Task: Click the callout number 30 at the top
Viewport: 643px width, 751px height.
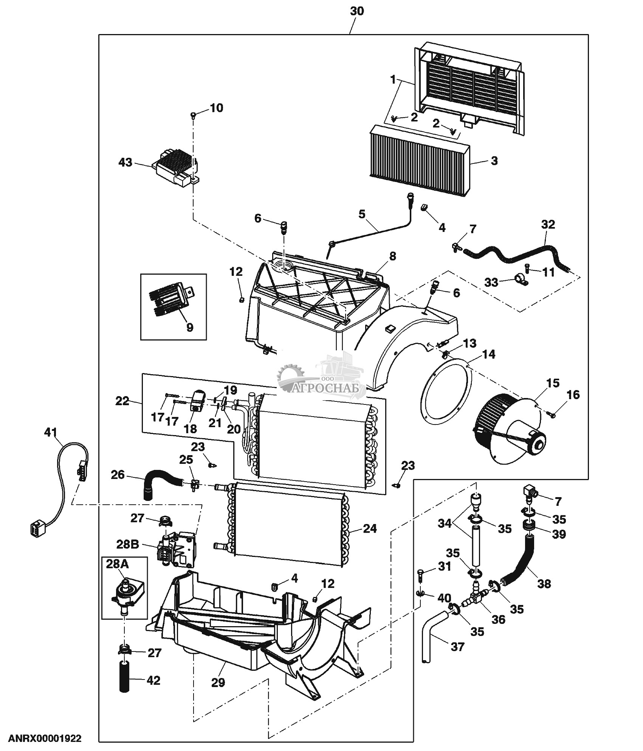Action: (356, 11)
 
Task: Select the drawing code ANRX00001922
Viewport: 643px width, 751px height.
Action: (45, 739)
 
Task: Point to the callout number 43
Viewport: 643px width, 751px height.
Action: (126, 163)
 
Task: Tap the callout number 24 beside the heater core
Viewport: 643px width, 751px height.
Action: (369, 529)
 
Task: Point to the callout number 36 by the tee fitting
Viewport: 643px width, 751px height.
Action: (498, 619)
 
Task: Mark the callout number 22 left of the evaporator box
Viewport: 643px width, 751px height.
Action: (122, 401)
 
